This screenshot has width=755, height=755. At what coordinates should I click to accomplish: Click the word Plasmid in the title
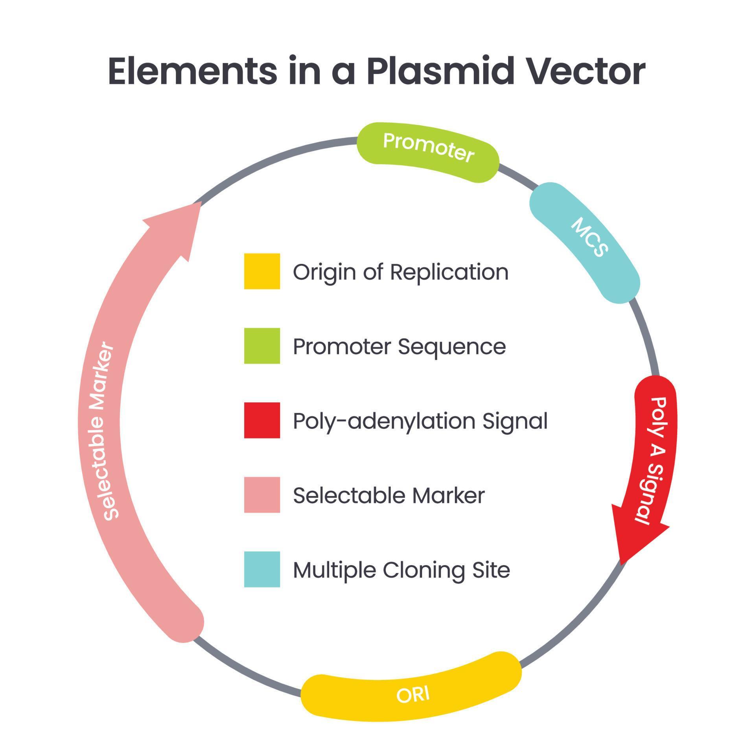[x=440, y=71]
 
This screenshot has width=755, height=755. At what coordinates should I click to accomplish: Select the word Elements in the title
[x=192, y=71]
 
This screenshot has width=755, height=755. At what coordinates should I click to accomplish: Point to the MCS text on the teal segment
[x=589, y=237]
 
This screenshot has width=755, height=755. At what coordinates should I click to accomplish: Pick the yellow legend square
[x=262, y=271]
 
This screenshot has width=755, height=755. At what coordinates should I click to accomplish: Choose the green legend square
[x=262, y=346]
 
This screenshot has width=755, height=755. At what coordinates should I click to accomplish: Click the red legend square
[x=262, y=420]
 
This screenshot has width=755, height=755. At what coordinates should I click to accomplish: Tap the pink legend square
[x=262, y=495]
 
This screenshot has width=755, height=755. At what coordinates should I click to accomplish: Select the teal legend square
[x=262, y=569]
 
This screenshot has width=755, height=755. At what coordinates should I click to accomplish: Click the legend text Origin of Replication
[x=400, y=272]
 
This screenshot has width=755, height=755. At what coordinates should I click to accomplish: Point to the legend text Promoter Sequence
[x=399, y=347]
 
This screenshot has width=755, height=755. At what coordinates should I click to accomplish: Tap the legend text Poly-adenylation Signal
[x=420, y=421]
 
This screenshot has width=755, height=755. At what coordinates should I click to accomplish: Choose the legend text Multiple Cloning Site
[x=401, y=570]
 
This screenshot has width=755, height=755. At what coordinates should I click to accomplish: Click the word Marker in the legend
[x=448, y=495]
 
